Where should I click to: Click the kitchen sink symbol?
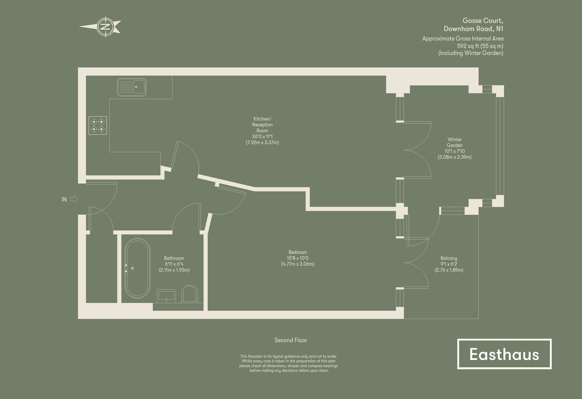point(132,87)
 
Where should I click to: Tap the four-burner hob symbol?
point(98,125)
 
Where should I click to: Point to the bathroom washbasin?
point(166,295)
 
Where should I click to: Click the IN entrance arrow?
point(74,199)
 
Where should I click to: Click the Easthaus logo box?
point(504,354)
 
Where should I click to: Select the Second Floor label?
point(291,340)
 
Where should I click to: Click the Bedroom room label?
point(297,252)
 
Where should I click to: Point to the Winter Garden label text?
point(455,142)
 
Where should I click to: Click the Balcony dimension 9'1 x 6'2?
point(449,264)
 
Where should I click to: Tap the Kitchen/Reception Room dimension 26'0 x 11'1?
point(262,136)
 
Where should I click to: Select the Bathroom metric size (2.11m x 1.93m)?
point(174,270)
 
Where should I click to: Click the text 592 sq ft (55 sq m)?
point(480,46)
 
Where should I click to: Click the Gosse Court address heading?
point(483,21)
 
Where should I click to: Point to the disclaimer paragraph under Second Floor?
point(288,363)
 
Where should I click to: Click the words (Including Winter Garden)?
point(471,53)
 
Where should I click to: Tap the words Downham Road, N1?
point(473,29)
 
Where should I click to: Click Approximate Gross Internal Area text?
point(463,39)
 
